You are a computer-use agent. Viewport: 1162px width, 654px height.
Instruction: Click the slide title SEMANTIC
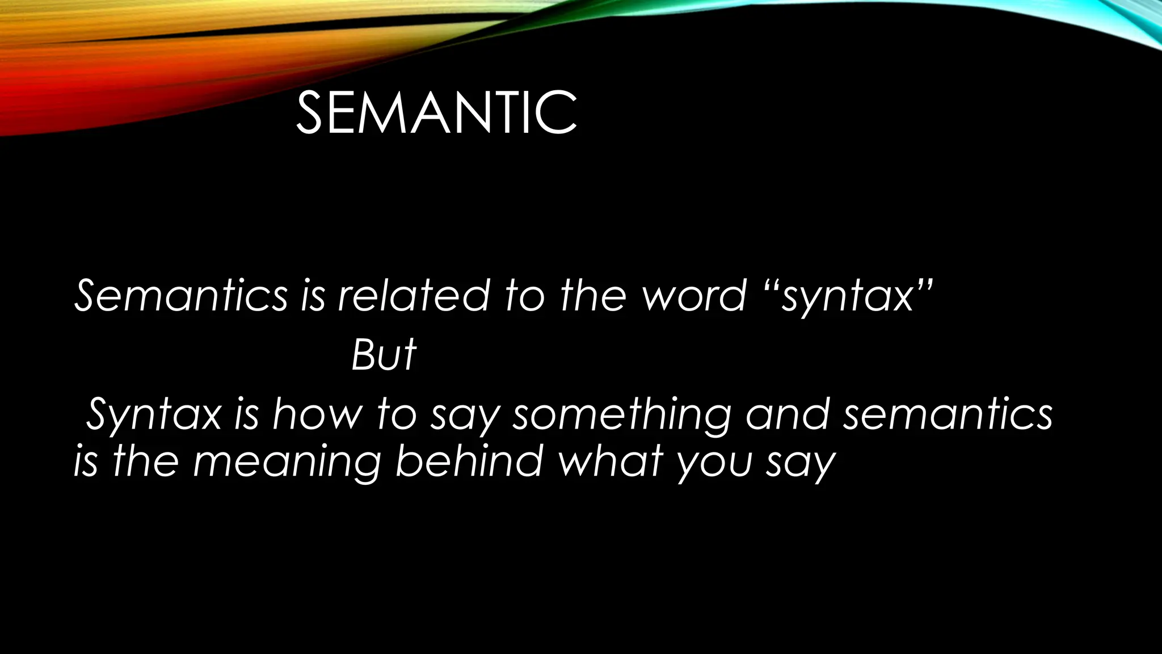pyautogui.click(x=436, y=114)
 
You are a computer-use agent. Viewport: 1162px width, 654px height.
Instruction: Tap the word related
pyautogui.click(x=413, y=296)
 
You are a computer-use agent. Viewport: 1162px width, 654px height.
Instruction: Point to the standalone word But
pyautogui.click(x=384, y=355)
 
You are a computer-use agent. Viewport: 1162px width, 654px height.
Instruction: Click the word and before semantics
pyautogui.click(x=788, y=414)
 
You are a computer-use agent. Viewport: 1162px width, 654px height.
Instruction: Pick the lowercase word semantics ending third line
pyautogui.click(x=948, y=414)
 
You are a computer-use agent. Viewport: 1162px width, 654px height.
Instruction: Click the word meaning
pyautogui.click(x=287, y=462)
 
